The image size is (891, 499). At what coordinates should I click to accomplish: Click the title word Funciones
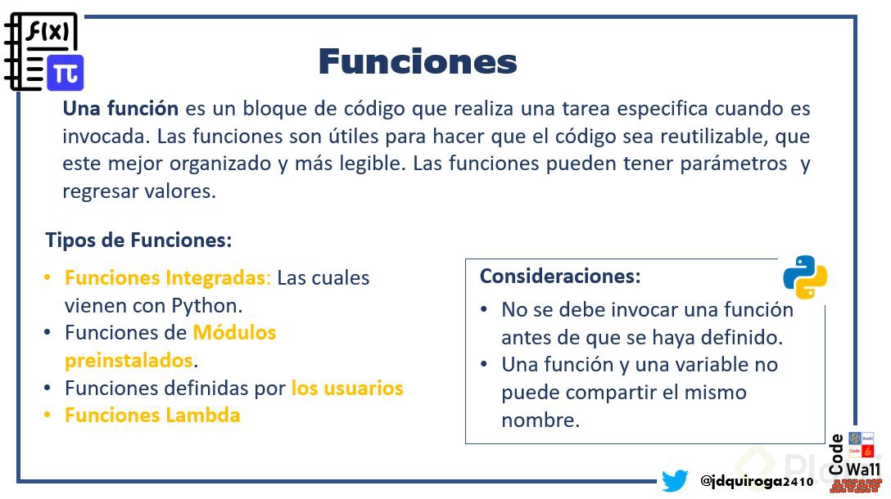pos(418,61)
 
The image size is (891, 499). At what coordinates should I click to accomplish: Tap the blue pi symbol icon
pos(66,74)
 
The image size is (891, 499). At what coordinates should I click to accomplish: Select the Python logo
pos(805,277)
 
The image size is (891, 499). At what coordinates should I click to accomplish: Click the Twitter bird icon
pos(675,480)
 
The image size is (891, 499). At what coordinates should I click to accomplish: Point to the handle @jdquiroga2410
pos(757,481)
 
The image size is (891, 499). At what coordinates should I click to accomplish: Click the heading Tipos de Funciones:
pos(138,241)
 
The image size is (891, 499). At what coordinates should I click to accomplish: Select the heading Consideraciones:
pos(560,276)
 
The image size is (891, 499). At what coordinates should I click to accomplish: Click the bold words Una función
pos(120,109)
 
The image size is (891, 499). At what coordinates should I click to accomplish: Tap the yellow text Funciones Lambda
pos(152,415)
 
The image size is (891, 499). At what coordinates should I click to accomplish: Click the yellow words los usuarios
pos(347,388)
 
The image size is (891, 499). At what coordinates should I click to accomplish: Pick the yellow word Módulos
pos(235,332)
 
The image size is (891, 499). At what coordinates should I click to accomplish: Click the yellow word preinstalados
pos(129,361)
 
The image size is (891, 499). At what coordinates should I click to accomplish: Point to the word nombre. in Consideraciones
pos(540,420)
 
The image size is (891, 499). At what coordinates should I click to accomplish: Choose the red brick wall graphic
pos(855,486)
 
